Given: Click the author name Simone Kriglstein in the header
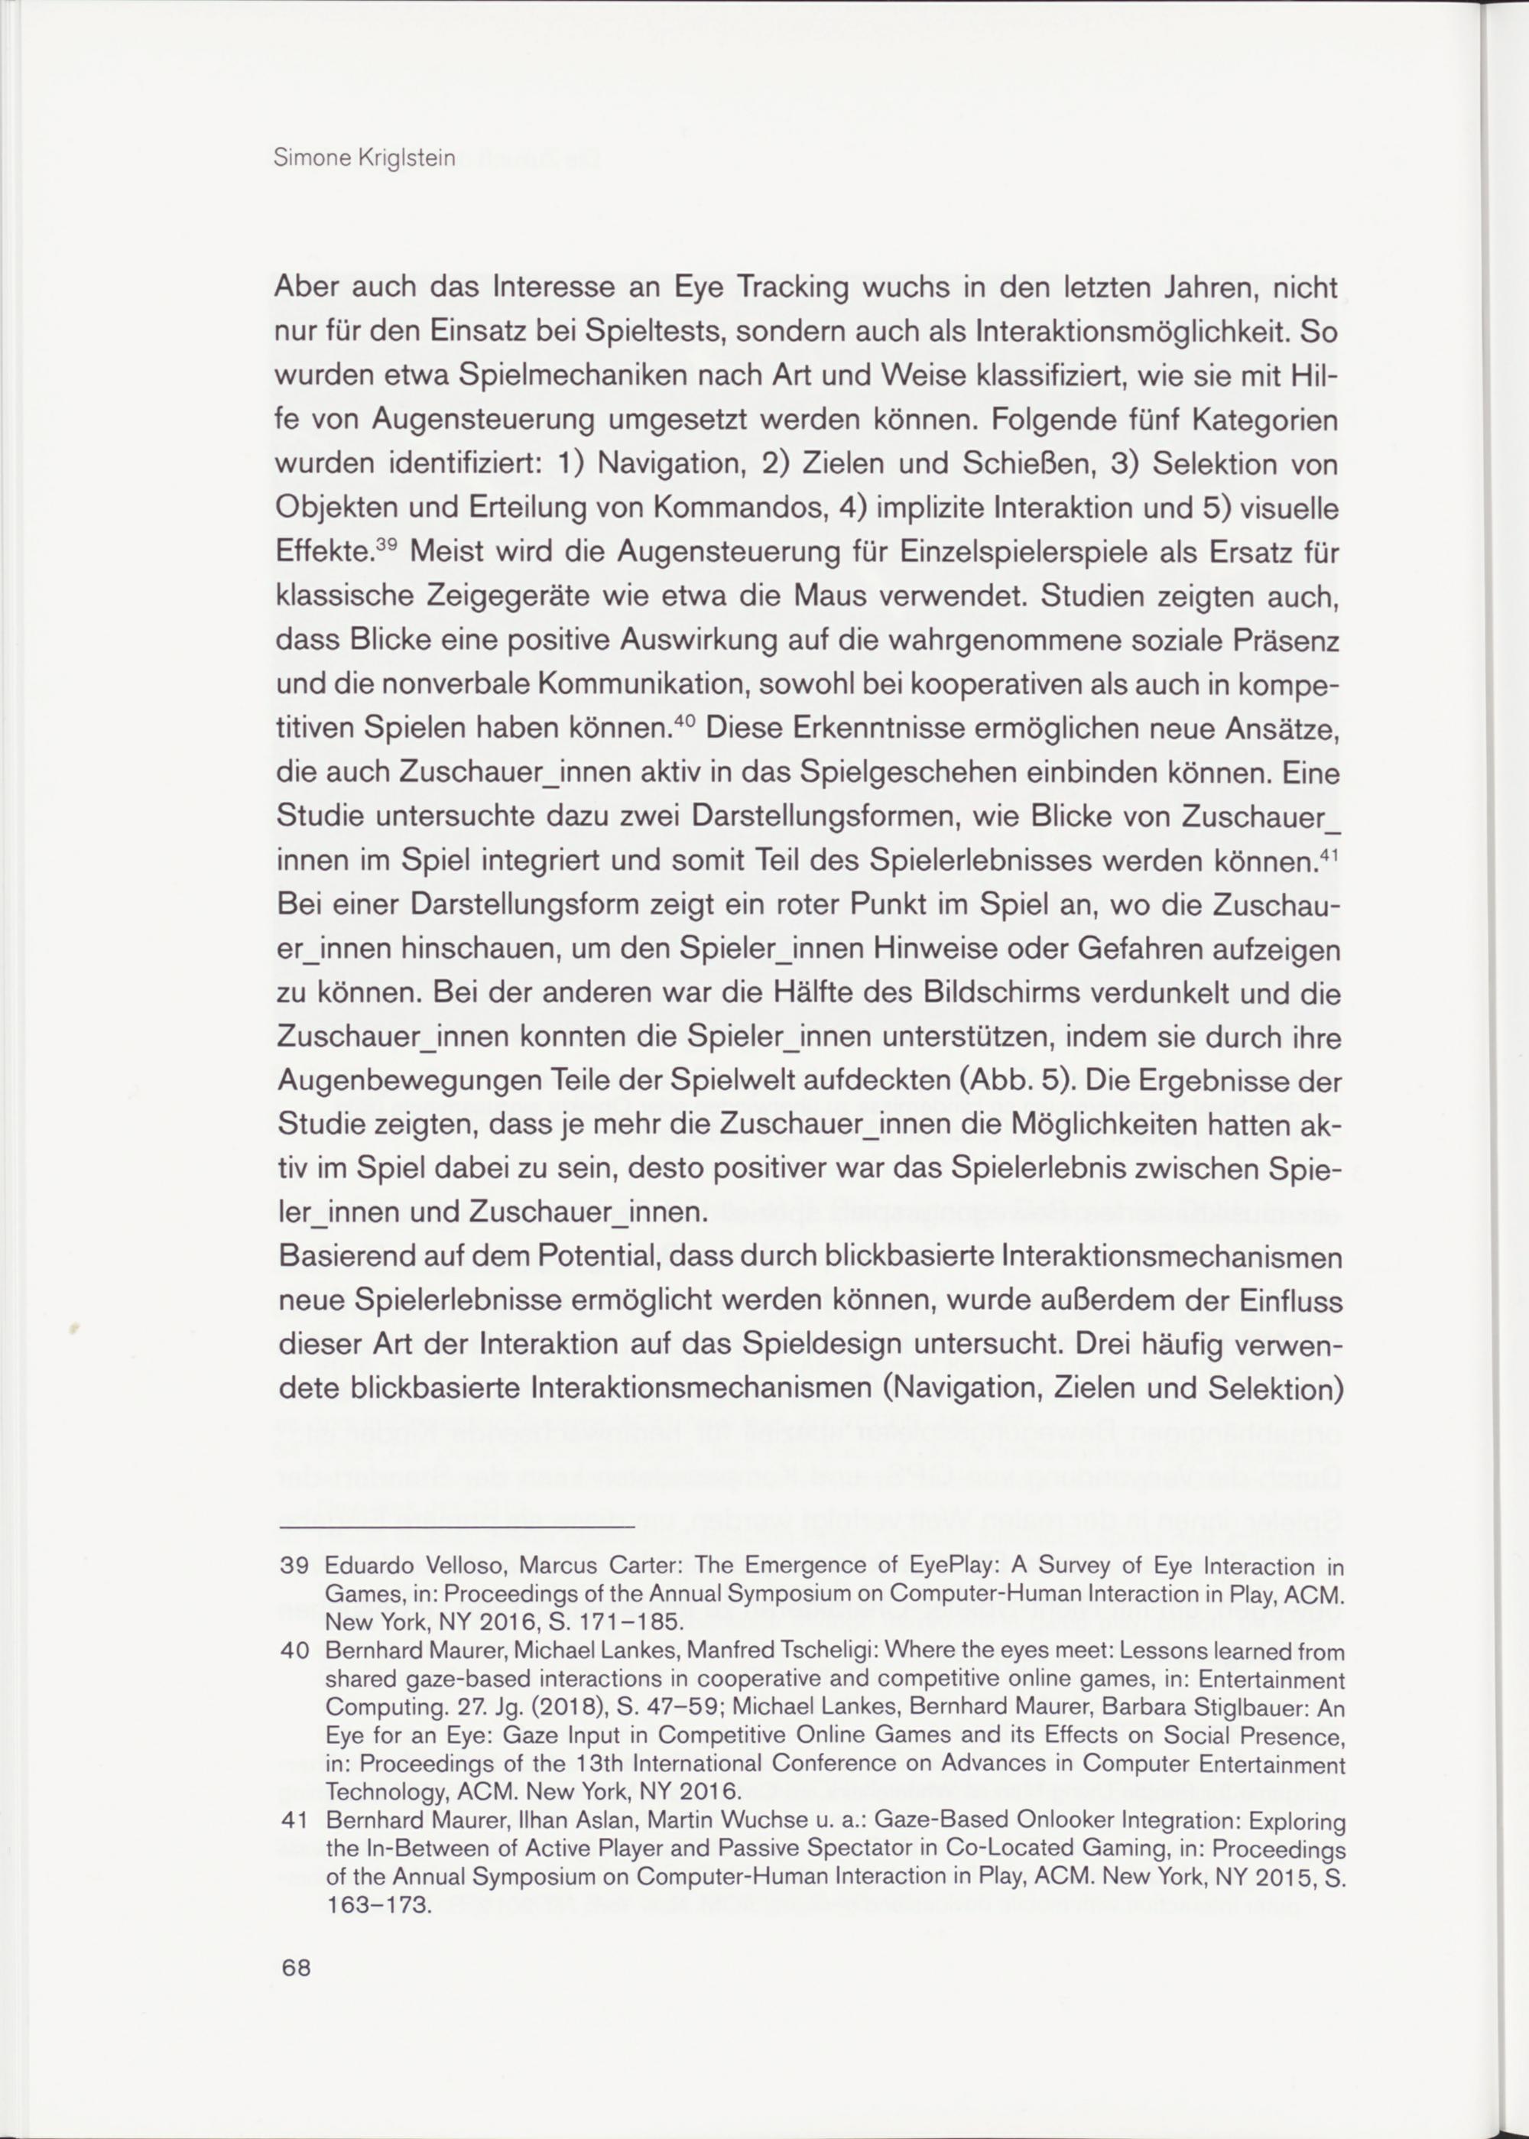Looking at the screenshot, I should (365, 158).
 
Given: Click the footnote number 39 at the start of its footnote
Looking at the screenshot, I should (296, 1566).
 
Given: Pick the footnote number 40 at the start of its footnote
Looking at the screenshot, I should (296, 1651).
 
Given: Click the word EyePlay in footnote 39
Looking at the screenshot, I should (951, 1566).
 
